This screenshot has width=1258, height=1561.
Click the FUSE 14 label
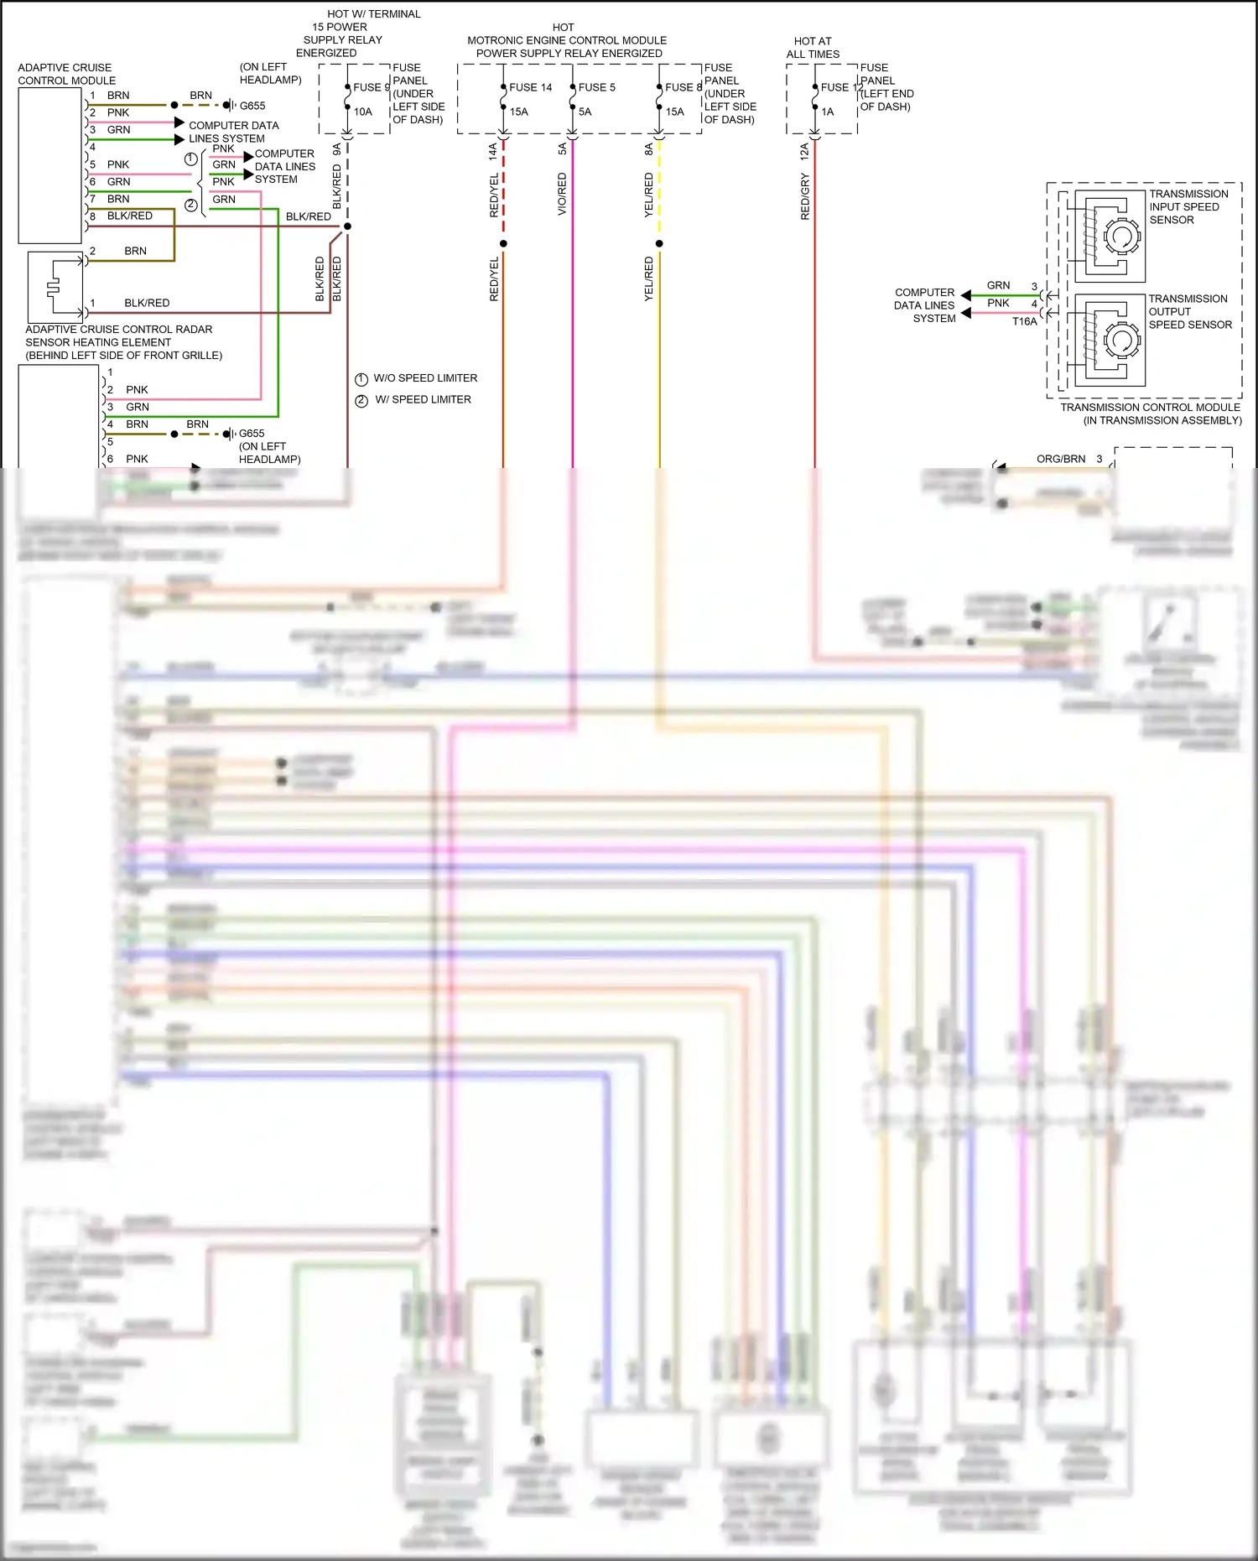[530, 87]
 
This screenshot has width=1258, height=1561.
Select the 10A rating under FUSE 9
[362, 112]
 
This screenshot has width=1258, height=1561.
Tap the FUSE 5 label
[596, 87]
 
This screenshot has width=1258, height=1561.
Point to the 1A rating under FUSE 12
[827, 112]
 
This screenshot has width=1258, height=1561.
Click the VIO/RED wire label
[562, 195]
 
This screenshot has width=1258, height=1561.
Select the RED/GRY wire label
[805, 197]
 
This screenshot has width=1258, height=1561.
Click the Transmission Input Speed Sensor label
[1188, 206]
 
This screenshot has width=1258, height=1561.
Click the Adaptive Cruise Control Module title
[66, 74]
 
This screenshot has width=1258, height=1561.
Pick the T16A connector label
[1024, 321]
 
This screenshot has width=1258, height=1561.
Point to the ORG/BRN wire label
[1060, 459]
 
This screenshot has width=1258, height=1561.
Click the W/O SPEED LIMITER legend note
[425, 378]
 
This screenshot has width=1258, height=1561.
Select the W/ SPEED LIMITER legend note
[423, 400]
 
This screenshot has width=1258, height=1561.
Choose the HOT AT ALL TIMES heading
[812, 47]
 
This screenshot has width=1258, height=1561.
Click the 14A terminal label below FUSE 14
[493, 151]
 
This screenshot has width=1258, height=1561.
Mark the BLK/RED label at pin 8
[129, 216]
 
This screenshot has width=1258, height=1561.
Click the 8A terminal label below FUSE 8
[648, 149]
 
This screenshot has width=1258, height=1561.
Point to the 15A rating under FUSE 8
[674, 112]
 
